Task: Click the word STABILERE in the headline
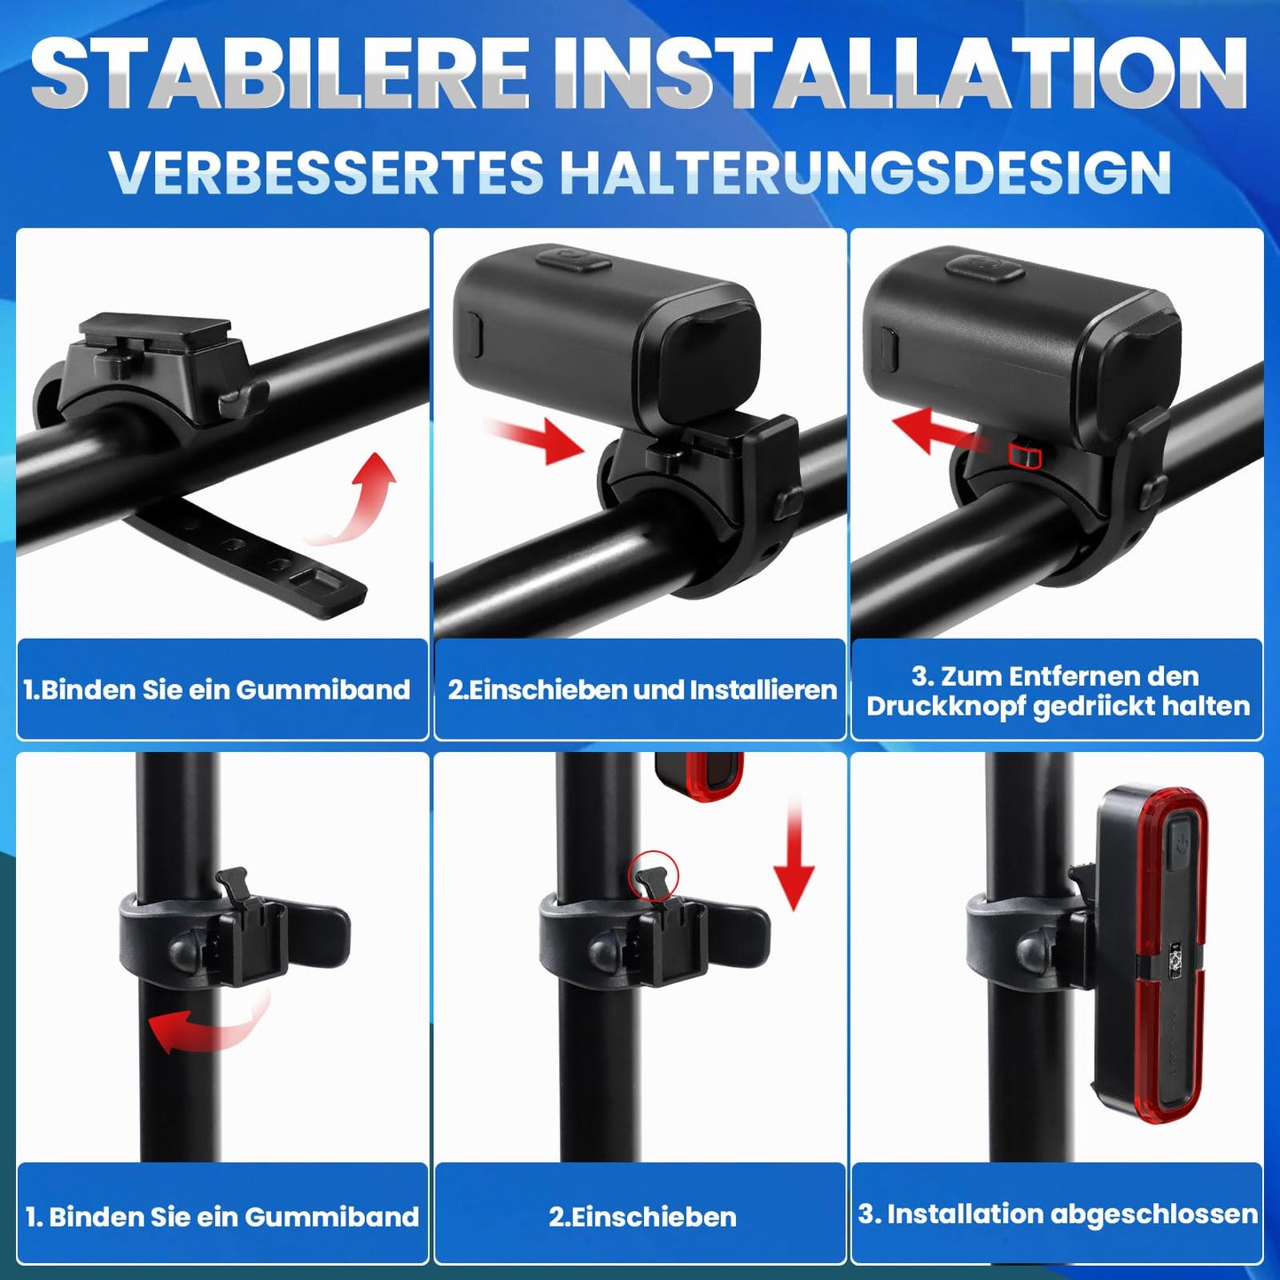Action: tap(279, 73)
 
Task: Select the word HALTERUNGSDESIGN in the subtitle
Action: tap(865, 172)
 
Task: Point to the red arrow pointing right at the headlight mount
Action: tap(537, 438)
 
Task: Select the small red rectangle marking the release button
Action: tap(1024, 455)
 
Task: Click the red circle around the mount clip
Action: tap(652, 876)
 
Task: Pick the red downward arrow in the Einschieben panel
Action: tap(795, 857)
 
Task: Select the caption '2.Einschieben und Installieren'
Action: tap(642, 690)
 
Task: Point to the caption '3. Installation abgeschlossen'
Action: tap(1058, 1215)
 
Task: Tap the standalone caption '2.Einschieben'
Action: tap(642, 1217)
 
